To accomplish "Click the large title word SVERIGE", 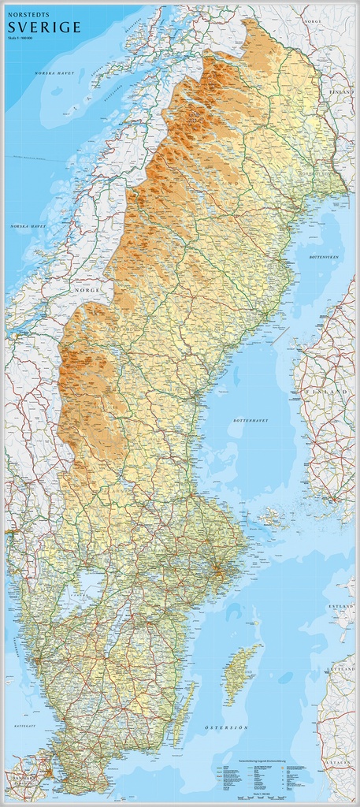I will click(x=44, y=28).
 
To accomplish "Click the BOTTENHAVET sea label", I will click(x=251, y=421).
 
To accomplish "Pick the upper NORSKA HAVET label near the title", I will click(x=54, y=73).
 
